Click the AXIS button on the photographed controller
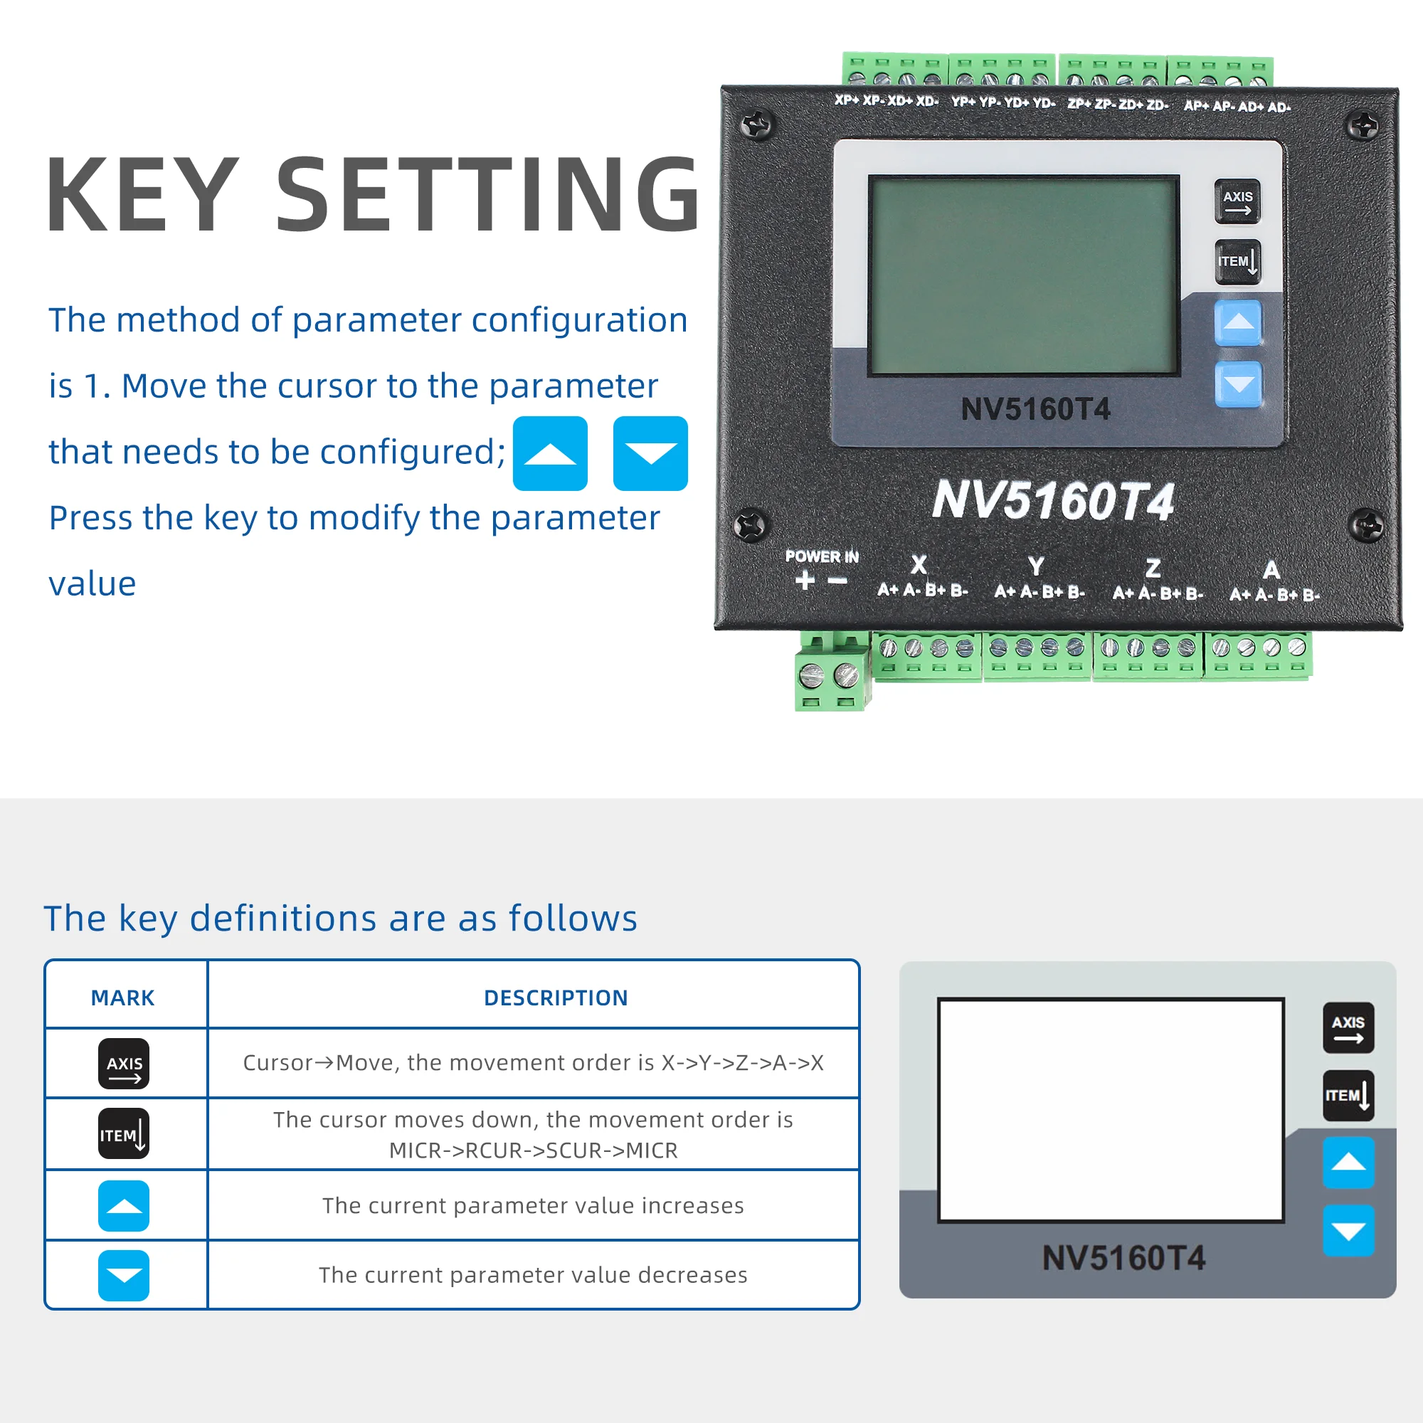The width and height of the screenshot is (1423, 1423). [1237, 201]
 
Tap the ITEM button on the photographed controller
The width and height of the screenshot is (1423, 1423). [1237, 261]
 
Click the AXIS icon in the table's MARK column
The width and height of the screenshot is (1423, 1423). [124, 1064]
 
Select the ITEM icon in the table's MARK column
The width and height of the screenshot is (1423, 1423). [124, 1133]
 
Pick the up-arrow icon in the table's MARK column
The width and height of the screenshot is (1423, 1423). [124, 1206]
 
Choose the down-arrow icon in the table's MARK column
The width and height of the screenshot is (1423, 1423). [124, 1275]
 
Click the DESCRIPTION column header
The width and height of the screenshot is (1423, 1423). [556, 998]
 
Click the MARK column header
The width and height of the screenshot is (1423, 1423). [122, 998]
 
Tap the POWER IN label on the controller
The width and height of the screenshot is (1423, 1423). [822, 557]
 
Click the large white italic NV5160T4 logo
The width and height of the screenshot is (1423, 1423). [1053, 501]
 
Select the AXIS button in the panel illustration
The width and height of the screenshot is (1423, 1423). [1348, 1027]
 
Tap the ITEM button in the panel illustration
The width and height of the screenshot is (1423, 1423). [1348, 1095]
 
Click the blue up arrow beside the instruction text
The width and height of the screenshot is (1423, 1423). [550, 453]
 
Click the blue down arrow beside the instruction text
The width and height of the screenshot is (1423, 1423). [650, 453]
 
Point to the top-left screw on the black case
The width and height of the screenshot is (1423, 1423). [756, 125]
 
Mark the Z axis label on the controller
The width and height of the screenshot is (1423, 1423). [1153, 568]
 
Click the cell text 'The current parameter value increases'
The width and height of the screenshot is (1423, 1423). [533, 1206]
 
